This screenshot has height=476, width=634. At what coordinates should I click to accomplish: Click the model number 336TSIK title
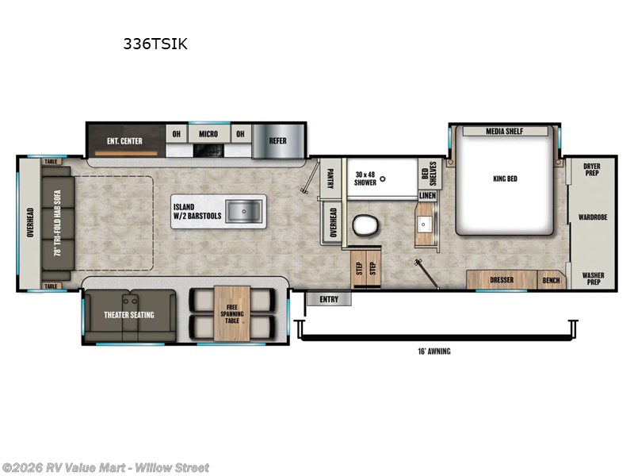pyautogui.click(x=155, y=44)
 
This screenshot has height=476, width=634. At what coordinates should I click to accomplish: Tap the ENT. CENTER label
pyautogui.click(x=124, y=141)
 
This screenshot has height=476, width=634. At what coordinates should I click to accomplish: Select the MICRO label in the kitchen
pyautogui.click(x=208, y=133)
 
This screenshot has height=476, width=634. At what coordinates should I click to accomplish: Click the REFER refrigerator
pyautogui.click(x=277, y=141)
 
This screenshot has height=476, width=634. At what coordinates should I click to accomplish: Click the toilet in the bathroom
pyautogui.click(x=366, y=225)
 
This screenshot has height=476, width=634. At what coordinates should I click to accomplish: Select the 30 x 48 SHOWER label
pyautogui.click(x=367, y=177)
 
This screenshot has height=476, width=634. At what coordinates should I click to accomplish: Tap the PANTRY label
pyautogui.click(x=330, y=178)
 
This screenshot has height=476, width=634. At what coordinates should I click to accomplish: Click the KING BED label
pyautogui.click(x=504, y=178)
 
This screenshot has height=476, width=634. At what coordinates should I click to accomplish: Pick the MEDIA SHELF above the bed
pyautogui.click(x=505, y=131)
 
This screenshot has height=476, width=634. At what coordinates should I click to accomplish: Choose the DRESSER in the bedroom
pyautogui.click(x=502, y=280)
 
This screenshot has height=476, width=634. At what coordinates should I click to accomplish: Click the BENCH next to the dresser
pyautogui.click(x=550, y=280)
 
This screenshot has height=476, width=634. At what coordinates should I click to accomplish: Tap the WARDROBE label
pyautogui.click(x=592, y=216)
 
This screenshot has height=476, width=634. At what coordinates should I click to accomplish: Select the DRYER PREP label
pyautogui.click(x=592, y=170)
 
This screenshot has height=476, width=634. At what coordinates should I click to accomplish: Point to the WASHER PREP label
pyautogui.click(x=592, y=278)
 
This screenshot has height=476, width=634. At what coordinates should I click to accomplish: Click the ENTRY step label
pyautogui.click(x=328, y=299)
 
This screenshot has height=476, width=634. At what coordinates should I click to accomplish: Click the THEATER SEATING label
pyautogui.click(x=130, y=315)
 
